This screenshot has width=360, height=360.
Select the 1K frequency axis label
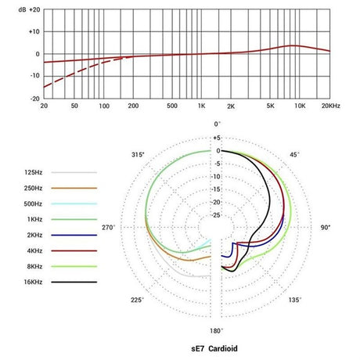click(201, 105)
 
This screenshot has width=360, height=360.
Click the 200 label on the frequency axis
click(133, 105)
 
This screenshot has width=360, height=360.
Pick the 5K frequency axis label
click(270, 105)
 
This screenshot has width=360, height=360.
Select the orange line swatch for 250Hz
click(75, 188)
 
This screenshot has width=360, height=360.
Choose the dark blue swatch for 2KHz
click(75, 235)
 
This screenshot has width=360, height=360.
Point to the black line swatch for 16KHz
click(75, 282)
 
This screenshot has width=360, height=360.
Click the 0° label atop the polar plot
click(218, 124)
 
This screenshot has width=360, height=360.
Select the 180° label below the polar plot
click(218, 331)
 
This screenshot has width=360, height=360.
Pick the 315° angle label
click(138, 155)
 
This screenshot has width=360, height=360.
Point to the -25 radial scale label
click(216, 215)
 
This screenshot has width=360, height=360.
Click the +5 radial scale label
click(217, 139)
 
